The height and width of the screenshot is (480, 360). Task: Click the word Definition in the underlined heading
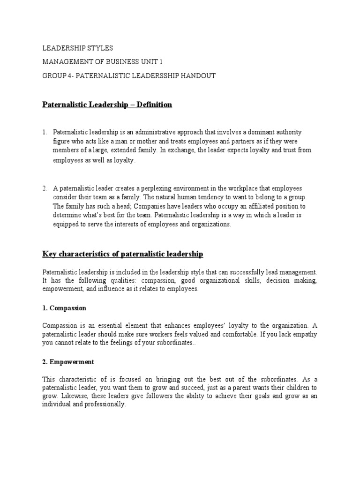tap(154, 105)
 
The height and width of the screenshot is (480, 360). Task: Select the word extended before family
tap(122, 150)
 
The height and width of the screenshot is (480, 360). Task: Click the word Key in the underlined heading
tap(49, 254)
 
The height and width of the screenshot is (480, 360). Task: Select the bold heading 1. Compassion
tap(64, 308)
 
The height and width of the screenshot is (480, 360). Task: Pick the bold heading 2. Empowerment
tap(68, 362)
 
